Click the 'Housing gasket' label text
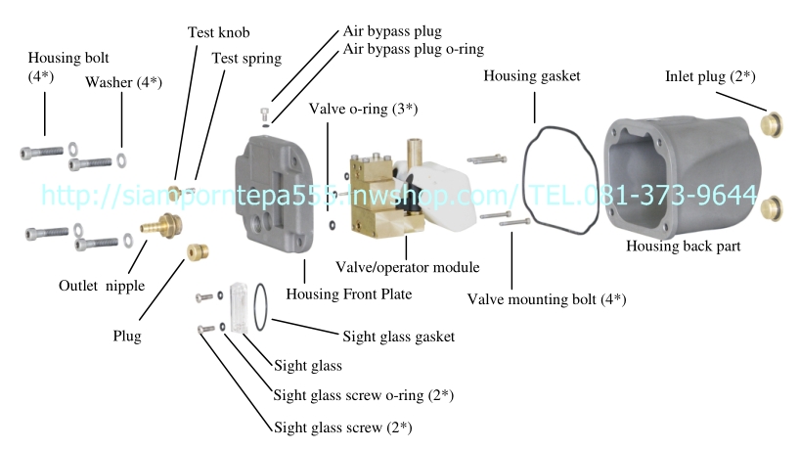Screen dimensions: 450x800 (532, 75)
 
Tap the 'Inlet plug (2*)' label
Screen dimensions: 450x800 (709, 75)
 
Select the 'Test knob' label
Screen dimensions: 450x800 (216, 32)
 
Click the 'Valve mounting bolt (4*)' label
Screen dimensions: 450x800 (547, 298)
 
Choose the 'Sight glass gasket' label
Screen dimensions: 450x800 (399, 337)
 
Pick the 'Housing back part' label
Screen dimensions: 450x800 (683, 246)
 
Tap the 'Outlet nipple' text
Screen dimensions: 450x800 (102, 286)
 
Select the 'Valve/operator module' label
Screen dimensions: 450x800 (407, 266)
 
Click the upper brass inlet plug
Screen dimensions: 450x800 (773, 123)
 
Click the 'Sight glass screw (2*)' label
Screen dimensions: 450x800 (342, 427)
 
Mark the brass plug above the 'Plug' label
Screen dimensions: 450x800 (198, 252)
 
